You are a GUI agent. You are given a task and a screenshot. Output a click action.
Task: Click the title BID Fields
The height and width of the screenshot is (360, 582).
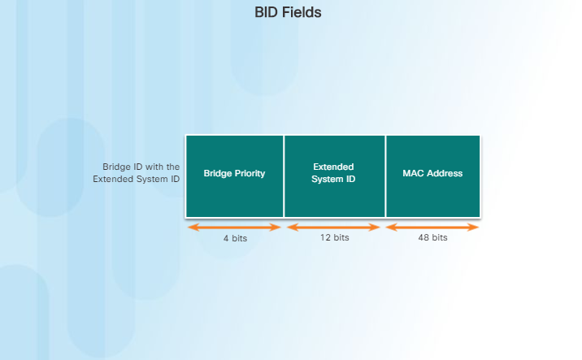pos(288,13)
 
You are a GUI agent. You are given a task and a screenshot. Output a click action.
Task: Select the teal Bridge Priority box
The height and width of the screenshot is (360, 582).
pos(234,176)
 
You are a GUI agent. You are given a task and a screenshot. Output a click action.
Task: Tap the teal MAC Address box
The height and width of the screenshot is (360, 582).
pos(432,176)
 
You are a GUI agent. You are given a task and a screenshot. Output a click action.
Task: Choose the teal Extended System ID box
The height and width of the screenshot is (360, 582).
pos(334,176)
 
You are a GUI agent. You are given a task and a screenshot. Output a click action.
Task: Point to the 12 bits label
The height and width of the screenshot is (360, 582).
pos(333,238)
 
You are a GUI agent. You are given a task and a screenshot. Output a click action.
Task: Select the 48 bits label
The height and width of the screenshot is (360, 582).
pos(432,238)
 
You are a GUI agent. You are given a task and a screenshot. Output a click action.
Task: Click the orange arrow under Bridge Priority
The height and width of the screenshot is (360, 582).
pos(234,227)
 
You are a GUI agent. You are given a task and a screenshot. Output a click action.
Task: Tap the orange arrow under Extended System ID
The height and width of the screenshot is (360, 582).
pos(333,227)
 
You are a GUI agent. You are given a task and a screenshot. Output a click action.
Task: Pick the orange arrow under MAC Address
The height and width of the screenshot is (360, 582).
pos(432,227)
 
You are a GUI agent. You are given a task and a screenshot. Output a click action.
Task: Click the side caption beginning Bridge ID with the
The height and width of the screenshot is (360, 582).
pos(136,172)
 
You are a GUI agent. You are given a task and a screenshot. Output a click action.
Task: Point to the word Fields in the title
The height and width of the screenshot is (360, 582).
pos(302,13)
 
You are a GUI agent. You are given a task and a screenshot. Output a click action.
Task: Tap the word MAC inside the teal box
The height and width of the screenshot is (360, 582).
pos(413,174)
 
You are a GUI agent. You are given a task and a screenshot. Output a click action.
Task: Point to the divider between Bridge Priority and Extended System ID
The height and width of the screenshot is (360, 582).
pos(284,176)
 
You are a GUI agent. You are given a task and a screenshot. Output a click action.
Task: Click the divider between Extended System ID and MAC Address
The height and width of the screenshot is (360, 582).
pos(385,176)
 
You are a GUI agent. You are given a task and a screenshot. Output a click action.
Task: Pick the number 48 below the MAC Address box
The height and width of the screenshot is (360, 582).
pos(423,238)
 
